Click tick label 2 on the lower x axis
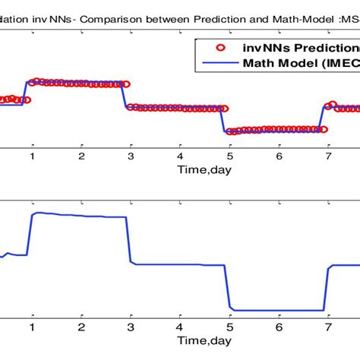pos(81,327)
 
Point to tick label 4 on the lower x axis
pos(180,327)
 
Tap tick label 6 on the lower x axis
pos(279,327)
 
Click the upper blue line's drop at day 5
pos(225,120)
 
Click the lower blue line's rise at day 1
pos(30,235)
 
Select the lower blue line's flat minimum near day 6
pos(278,310)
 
